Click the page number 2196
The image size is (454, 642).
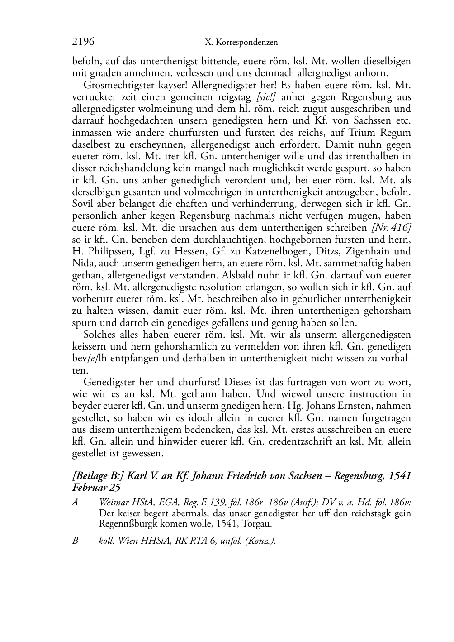83,42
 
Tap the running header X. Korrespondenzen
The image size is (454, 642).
241,43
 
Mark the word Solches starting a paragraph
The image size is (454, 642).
99,335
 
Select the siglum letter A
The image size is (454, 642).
75,503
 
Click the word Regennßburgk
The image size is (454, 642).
126,524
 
